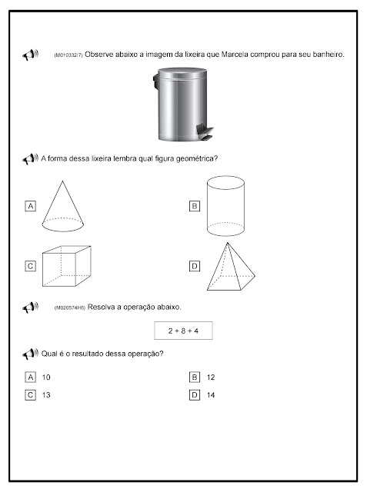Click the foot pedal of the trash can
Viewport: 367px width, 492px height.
(205, 131)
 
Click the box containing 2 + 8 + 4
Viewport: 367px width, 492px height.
(183, 331)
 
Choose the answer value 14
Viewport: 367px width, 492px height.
(211, 395)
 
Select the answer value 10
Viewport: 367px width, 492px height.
(46, 377)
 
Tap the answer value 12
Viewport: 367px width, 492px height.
(211, 377)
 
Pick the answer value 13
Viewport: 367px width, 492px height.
(46, 395)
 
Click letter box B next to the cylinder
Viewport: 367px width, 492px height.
(195, 206)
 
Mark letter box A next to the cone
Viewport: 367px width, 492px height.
(31, 206)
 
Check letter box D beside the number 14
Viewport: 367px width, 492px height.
(195, 394)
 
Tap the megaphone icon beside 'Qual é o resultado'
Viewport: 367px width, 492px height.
(31, 354)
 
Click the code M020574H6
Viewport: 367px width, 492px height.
(70, 308)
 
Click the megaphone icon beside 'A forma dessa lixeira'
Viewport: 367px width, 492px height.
(31, 159)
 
